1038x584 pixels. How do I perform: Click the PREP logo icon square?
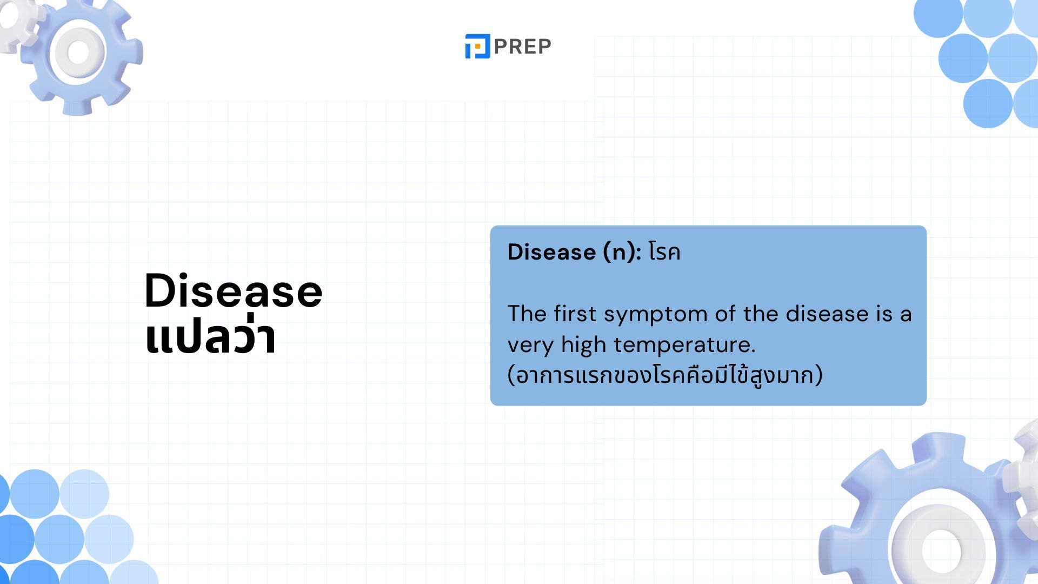click(x=477, y=46)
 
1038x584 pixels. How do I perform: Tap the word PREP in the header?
click(x=522, y=47)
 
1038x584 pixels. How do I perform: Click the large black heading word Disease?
click(x=234, y=290)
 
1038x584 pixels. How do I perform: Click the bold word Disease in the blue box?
click(x=551, y=252)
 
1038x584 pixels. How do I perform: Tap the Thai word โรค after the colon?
click(x=664, y=253)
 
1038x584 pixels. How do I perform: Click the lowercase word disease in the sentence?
click(x=827, y=314)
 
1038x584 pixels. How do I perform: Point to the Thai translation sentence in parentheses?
click(x=665, y=375)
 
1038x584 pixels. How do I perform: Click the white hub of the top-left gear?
click(x=78, y=52)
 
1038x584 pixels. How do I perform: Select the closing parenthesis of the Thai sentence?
click(x=819, y=375)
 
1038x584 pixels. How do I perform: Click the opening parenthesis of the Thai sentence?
click(x=511, y=375)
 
